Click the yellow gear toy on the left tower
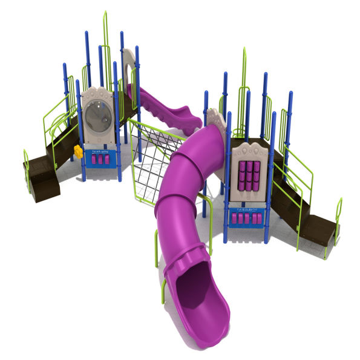[77, 149]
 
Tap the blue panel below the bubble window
[100, 159]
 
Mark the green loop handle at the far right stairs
[339, 212]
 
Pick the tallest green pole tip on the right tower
[245, 50]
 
